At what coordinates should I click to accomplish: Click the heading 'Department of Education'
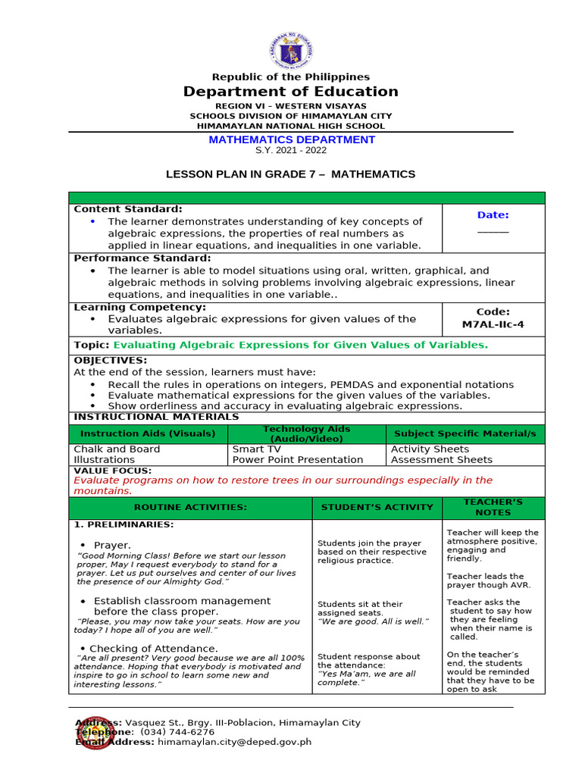[x=290, y=92]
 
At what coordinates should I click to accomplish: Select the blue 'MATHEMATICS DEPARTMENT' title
[x=291, y=139]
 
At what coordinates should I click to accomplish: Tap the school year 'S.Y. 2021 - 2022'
[x=291, y=150]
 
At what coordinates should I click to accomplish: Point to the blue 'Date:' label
[x=493, y=215]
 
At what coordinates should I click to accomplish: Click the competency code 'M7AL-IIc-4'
[x=493, y=324]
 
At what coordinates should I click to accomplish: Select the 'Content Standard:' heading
[x=127, y=209]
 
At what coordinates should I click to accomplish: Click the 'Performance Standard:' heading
[x=142, y=258]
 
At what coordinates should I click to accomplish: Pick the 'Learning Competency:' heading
[x=139, y=307]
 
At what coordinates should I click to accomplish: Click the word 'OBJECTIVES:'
[x=110, y=360]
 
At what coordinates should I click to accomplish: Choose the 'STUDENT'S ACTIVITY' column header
[x=377, y=507]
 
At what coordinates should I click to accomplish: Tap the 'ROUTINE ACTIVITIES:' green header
[x=190, y=507]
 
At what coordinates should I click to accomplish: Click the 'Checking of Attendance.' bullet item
[x=154, y=649]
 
